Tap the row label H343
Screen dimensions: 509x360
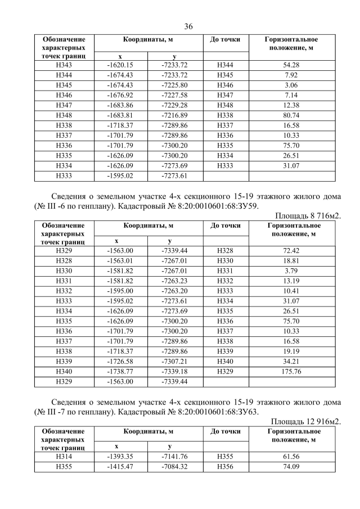64,65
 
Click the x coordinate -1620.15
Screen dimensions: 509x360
120,65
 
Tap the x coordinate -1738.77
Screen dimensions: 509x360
120,372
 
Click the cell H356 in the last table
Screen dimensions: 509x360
224,466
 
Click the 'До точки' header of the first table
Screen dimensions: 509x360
224,40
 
